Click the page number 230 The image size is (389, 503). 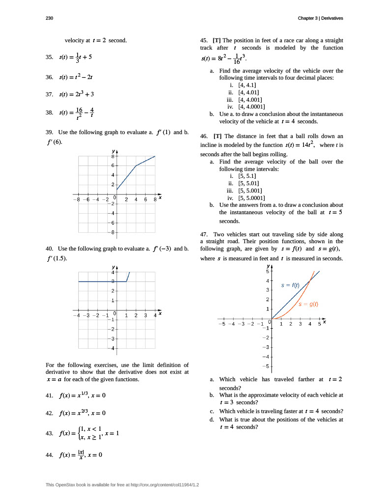point(49,18)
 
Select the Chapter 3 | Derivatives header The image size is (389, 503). point(320,18)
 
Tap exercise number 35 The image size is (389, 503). point(49,57)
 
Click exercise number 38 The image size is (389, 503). point(49,112)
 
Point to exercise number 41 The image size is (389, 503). point(49,395)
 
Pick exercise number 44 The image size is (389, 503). point(49,455)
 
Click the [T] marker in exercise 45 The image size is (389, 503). point(216,40)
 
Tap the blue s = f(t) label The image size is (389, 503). point(290,285)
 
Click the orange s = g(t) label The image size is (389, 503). point(308,304)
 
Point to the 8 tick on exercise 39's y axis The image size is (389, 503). point(112,156)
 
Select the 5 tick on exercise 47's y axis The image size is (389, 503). point(267,271)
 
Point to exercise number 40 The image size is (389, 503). point(49,249)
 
